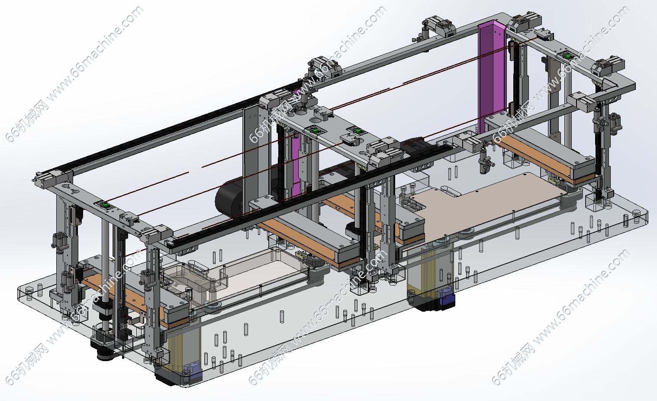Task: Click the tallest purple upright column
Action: [x=492, y=79]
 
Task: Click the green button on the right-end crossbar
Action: [x=567, y=56]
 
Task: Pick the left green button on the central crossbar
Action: [x=315, y=131]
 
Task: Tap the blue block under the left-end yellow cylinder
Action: [x=192, y=371]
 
